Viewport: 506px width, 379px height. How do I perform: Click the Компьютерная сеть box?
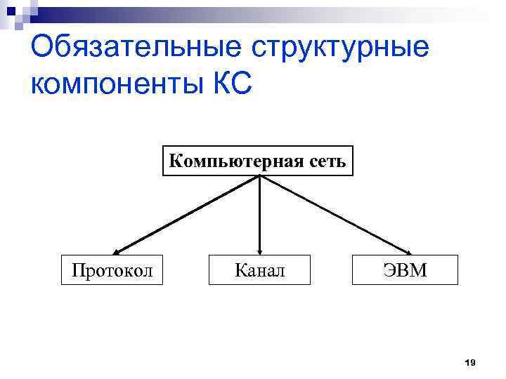258,161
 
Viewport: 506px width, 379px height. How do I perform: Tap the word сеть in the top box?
327,161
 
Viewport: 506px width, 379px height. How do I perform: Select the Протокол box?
112,270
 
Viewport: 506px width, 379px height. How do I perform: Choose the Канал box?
260,270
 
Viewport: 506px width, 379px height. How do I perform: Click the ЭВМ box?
406,270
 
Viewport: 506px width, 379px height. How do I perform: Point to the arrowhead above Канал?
260,251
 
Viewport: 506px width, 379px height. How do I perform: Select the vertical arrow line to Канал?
260,214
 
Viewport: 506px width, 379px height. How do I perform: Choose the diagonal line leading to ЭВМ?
335,214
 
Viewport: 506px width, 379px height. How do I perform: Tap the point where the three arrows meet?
260,176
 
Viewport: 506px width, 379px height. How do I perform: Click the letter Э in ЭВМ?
390,270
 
